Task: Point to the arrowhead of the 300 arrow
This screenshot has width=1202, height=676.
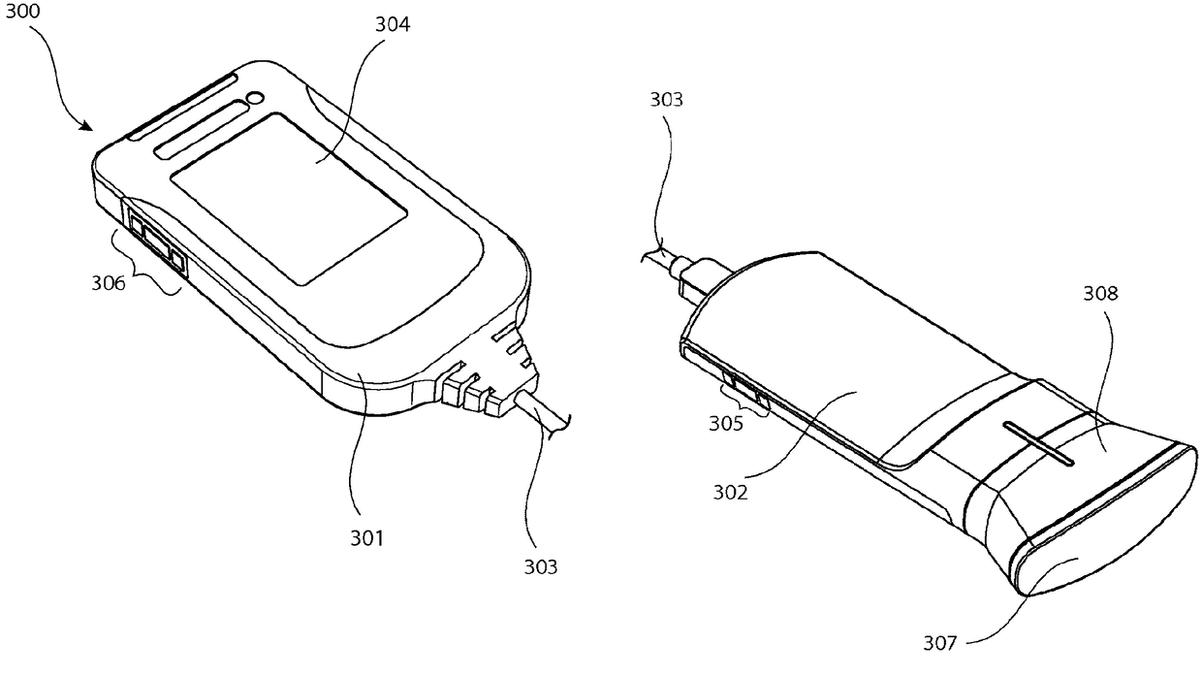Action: tap(87, 126)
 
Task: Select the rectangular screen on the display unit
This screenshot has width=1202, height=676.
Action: tap(288, 198)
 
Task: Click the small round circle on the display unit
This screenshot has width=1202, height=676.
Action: tap(255, 98)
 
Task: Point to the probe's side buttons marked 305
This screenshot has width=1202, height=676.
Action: tap(744, 389)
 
